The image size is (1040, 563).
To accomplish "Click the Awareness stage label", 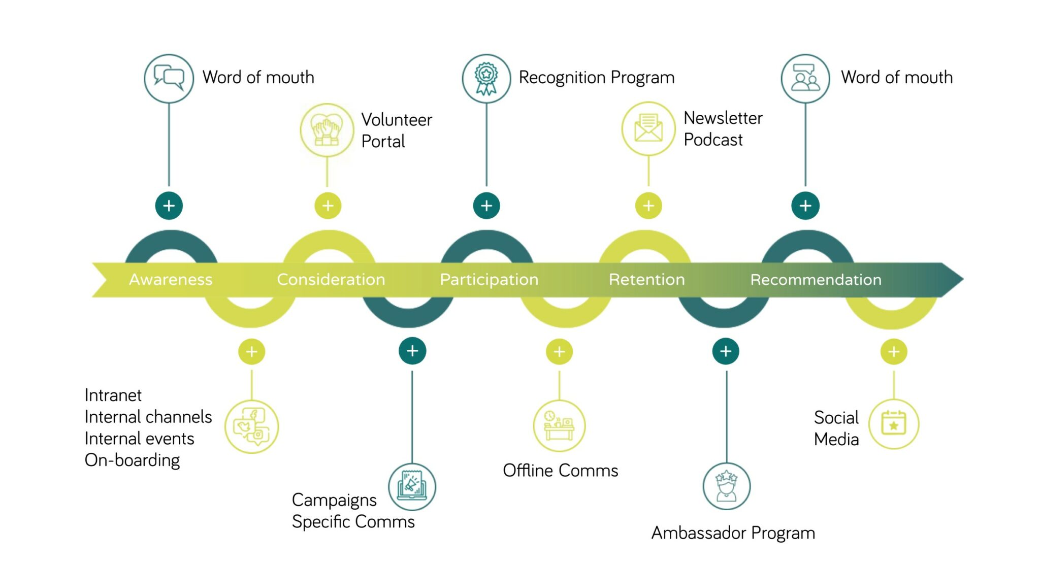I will pyautogui.click(x=171, y=279).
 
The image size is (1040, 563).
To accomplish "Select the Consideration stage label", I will pyautogui.click(x=331, y=279).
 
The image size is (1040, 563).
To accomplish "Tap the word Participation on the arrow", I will pyautogui.click(x=489, y=279).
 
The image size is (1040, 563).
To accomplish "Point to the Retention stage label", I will pyautogui.click(x=646, y=279).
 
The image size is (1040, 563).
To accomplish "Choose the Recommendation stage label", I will pyautogui.click(x=816, y=279).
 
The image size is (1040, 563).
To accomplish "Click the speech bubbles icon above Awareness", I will pyautogui.click(x=169, y=79).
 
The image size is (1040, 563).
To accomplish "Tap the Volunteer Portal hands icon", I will pyautogui.click(x=327, y=130).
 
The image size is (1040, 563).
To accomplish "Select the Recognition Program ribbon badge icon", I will pyautogui.click(x=486, y=79).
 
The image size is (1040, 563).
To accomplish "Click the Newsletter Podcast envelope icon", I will pyautogui.click(x=648, y=128).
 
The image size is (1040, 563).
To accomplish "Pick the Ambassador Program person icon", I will pyautogui.click(x=726, y=486).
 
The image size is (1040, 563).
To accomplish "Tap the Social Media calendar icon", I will pyautogui.click(x=893, y=424).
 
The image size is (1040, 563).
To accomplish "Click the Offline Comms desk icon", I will pyautogui.click(x=559, y=425).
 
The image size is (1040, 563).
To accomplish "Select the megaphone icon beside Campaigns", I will pyautogui.click(x=412, y=486).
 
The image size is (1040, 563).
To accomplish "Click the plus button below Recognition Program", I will pyautogui.click(x=486, y=206).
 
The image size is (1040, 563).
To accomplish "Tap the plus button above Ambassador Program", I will pyautogui.click(x=725, y=351).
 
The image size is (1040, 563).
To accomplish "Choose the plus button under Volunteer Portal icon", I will pyautogui.click(x=328, y=206).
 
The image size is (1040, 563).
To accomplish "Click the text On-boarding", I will pyautogui.click(x=132, y=460).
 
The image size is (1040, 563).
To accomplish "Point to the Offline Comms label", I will pyautogui.click(x=560, y=471).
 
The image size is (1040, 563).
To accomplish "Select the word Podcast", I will pyautogui.click(x=713, y=140).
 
